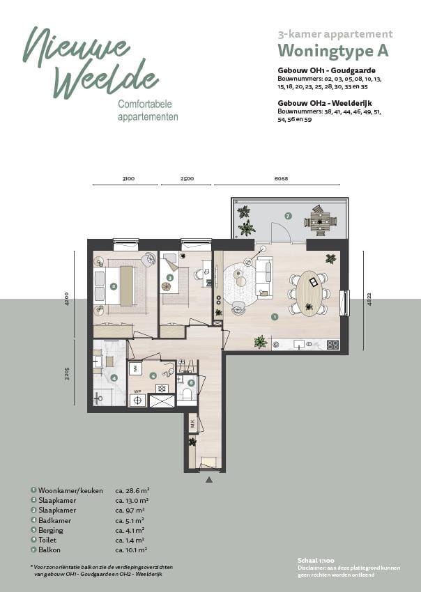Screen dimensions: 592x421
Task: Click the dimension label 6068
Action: (x=281, y=179)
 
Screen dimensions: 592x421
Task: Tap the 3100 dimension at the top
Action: (x=128, y=179)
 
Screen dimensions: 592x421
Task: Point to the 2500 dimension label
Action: (x=187, y=179)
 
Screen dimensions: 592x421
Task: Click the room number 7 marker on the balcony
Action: (x=287, y=216)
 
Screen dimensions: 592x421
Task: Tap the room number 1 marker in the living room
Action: (x=275, y=316)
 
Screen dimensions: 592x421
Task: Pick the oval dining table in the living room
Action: (x=309, y=293)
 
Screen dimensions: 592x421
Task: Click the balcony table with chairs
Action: (x=321, y=220)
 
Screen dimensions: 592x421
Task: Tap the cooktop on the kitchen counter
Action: (x=332, y=344)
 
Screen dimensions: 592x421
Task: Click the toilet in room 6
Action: (x=187, y=395)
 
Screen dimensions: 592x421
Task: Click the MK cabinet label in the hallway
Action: (x=192, y=421)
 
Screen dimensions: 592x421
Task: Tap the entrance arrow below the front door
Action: (x=208, y=480)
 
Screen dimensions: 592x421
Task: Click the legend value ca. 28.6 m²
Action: (x=132, y=490)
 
